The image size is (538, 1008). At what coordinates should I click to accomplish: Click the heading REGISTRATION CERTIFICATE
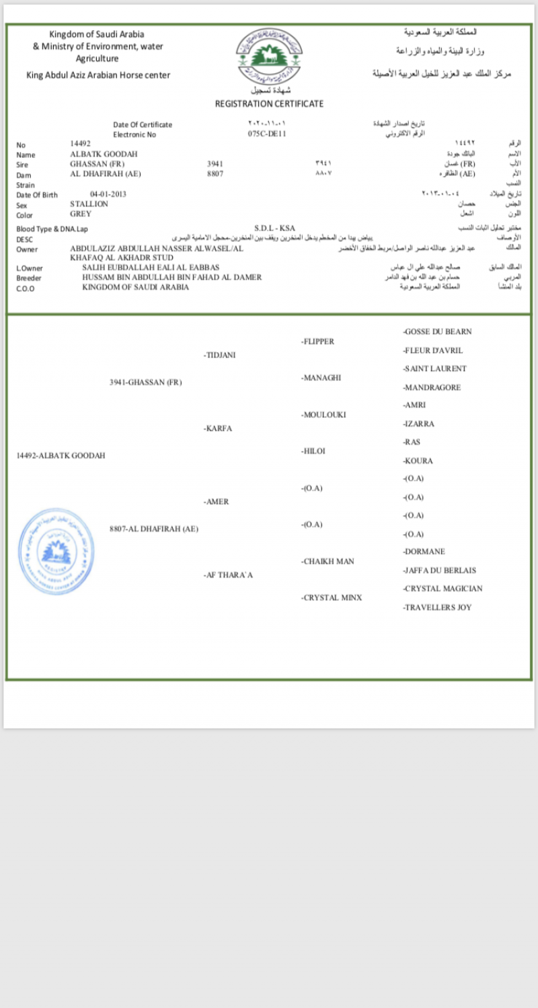tap(269, 104)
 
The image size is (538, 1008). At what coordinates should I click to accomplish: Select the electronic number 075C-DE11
tap(267, 134)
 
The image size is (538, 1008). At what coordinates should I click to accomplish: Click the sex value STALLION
tap(89, 204)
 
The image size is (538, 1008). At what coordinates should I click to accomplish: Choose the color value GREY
tap(81, 214)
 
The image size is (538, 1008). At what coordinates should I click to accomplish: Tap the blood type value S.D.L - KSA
tap(274, 228)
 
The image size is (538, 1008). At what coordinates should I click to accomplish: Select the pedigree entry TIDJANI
tap(219, 355)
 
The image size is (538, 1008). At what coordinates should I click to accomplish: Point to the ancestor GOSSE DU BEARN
tap(437, 332)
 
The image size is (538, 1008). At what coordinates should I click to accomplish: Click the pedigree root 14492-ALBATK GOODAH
tap(61, 456)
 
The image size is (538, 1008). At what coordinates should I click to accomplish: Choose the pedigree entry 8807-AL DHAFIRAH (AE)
tap(154, 529)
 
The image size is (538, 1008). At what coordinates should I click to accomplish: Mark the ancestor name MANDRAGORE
tap(432, 388)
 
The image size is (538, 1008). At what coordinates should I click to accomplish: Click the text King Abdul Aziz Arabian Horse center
tap(98, 75)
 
